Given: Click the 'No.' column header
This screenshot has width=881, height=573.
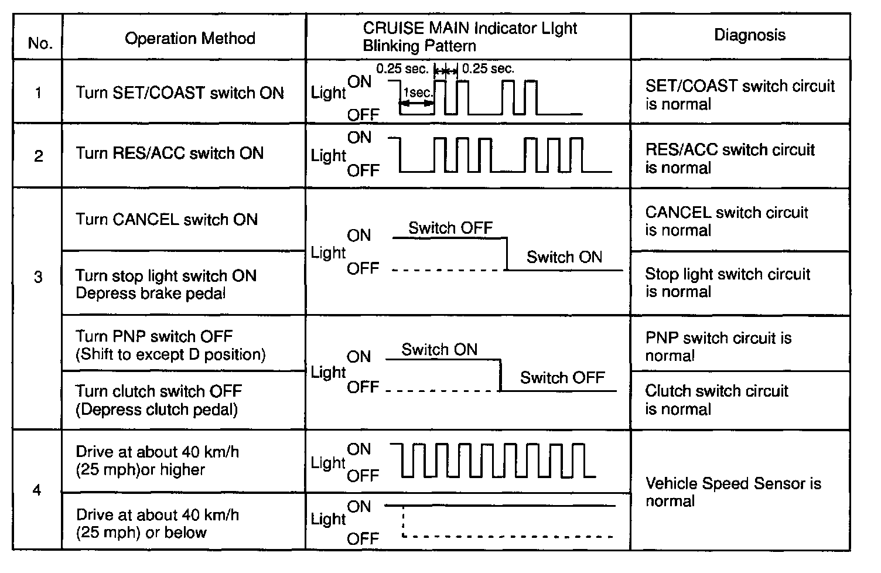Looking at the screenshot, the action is click(40, 43).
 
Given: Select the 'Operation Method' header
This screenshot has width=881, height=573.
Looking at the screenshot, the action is click(190, 39).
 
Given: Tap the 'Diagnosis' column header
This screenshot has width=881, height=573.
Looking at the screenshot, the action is click(749, 35).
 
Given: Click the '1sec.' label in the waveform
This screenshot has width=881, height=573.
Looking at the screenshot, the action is click(418, 93).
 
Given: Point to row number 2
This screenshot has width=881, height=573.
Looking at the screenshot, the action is click(39, 156).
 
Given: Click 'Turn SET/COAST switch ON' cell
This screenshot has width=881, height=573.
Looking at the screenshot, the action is click(179, 93).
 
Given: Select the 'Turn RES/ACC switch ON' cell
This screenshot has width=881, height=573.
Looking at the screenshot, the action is click(169, 154).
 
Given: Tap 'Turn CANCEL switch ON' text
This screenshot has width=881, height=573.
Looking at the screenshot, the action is click(166, 220).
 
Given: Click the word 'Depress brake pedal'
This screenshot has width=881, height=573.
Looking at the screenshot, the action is click(151, 293).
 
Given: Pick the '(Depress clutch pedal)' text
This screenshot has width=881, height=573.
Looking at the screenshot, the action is click(156, 409).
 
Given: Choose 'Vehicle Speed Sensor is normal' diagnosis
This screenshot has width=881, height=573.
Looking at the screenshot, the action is click(733, 492).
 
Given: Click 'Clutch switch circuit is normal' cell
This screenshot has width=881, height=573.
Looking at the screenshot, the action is click(716, 400).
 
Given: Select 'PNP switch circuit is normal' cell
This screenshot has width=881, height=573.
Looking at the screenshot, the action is click(718, 346).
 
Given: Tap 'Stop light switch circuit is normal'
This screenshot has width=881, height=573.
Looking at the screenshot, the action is click(728, 283).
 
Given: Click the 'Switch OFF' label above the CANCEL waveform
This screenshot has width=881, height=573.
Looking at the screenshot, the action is click(450, 227).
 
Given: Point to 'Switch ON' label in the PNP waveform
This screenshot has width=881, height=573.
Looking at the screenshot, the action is click(439, 349).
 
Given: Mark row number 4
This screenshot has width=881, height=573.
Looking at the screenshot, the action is click(37, 490).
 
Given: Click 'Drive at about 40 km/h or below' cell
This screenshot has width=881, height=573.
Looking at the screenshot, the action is click(157, 523).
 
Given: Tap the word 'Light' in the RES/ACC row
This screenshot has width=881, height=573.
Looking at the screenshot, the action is click(328, 156).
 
